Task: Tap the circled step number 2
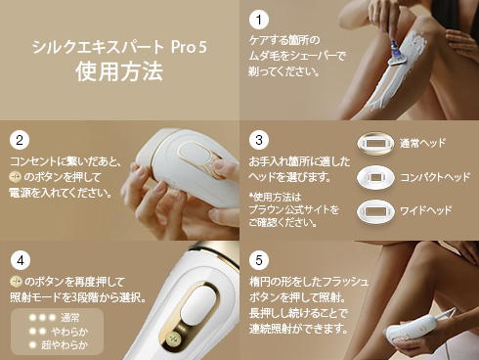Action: pyautogui.click(x=19, y=139)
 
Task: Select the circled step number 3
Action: pyautogui.click(x=258, y=139)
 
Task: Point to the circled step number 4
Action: pyautogui.click(x=19, y=260)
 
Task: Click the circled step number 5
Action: pyautogui.click(x=258, y=260)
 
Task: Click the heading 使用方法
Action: pyautogui.click(x=119, y=72)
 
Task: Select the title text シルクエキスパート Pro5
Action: pyautogui.click(x=119, y=47)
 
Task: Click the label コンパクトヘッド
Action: pyautogui.click(x=436, y=177)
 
